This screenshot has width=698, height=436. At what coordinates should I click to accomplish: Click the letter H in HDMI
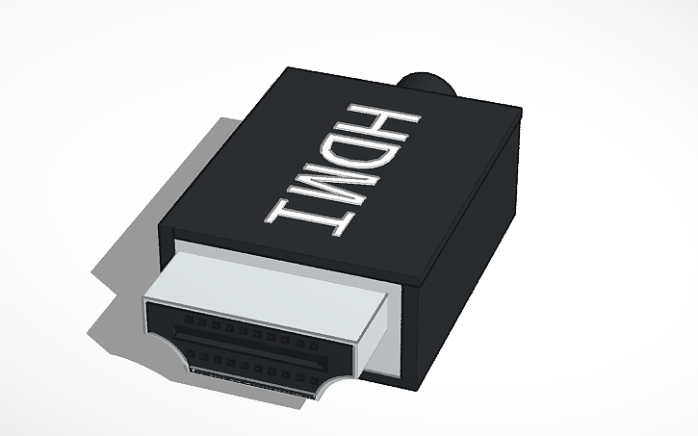[x=389, y=122]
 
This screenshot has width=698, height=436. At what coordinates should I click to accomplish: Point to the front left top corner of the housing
[x=161, y=228]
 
